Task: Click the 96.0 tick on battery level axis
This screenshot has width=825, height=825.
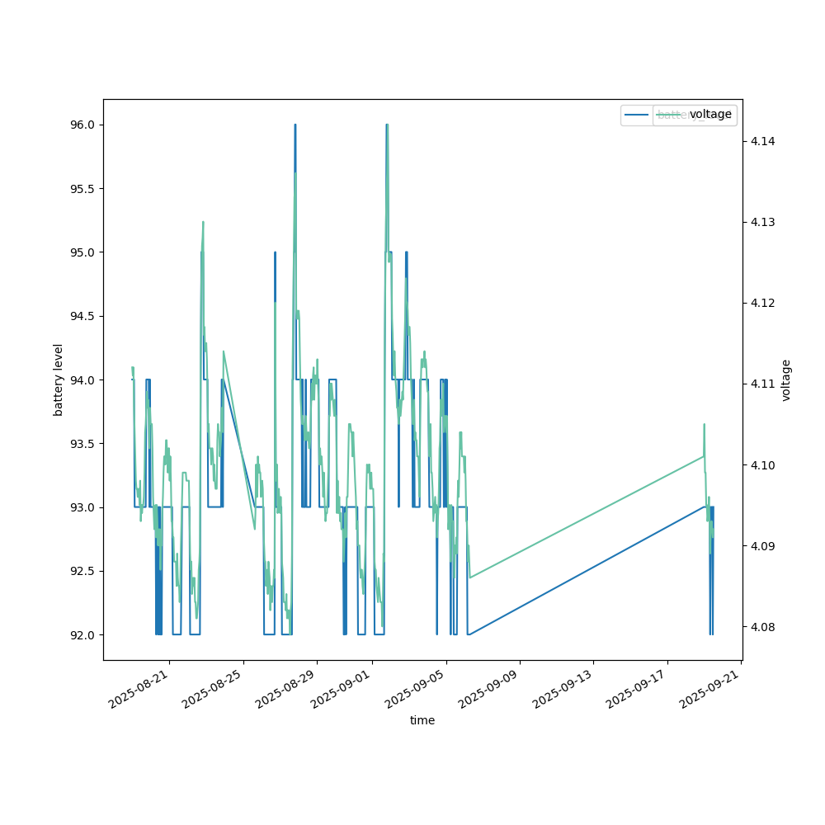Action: pyautogui.click(x=83, y=125)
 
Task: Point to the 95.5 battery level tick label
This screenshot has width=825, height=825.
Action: pyautogui.click(x=83, y=188)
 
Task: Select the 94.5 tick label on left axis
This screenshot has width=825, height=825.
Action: pyautogui.click(x=83, y=316)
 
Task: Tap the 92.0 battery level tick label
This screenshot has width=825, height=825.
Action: pyautogui.click(x=83, y=634)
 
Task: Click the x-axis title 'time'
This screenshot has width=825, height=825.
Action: pyautogui.click(x=422, y=720)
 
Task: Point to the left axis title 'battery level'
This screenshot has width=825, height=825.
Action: pyautogui.click(x=59, y=379)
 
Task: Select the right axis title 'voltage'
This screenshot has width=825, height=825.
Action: pyautogui.click(x=786, y=379)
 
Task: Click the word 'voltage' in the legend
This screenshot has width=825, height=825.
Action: pyautogui.click(x=710, y=115)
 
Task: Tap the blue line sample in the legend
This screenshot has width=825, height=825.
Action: pyautogui.click(x=636, y=115)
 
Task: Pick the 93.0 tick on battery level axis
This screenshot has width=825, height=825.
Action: pyautogui.click(x=83, y=507)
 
